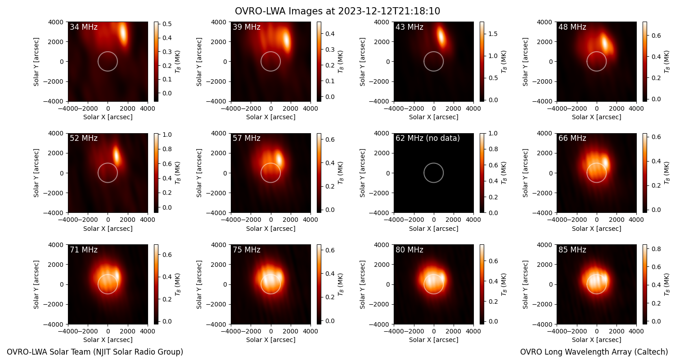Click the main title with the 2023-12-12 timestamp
(x=337, y=11)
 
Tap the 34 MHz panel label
(x=84, y=27)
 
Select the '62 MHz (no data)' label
(x=427, y=138)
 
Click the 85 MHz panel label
(x=572, y=250)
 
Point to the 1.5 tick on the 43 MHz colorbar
(x=493, y=34)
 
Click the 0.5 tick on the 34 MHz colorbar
(x=167, y=24)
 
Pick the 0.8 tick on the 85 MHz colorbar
(x=656, y=249)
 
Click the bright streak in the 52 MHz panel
(x=117, y=156)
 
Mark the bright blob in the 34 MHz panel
(x=123, y=34)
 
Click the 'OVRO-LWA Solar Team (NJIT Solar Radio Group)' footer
(x=95, y=352)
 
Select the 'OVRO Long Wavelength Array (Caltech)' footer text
(x=594, y=352)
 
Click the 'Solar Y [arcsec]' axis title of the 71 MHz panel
(x=36, y=285)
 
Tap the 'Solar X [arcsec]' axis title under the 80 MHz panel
(x=434, y=340)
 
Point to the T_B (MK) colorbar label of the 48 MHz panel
(x=667, y=62)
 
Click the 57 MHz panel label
(x=247, y=138)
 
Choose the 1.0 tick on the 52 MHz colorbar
(x=167, y=135)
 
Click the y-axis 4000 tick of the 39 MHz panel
(x=219, y=22)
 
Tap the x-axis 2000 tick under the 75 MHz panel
(x=291, y=331)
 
